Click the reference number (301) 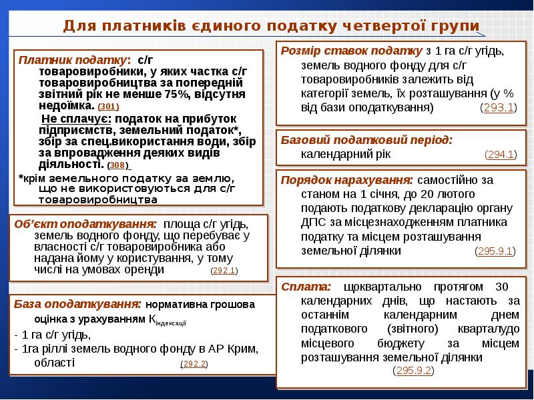pyautogui.click(x=108, y=107)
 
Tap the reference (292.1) pyautogui.click(x=224, y=271)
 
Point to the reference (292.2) pyautogui.click(x=194, y=364)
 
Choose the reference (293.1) pyautogui.click(x=497, y=107)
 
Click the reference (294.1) pyautogui.click(x=500, y=155)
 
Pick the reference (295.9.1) pyautogui.click(x=494, y=251)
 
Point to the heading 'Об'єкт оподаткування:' pyautogui.click(x=85, y=223)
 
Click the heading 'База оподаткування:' pyautogui.click(x=77, y=304)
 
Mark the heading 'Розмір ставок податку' pyautogui.click(x=351, y=51)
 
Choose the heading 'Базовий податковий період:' pyautogui.click(x=366, y=140)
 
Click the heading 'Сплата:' pyautogui.click(x=306, y=287)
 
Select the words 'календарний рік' pyautogui.click(x=346, y=154)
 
